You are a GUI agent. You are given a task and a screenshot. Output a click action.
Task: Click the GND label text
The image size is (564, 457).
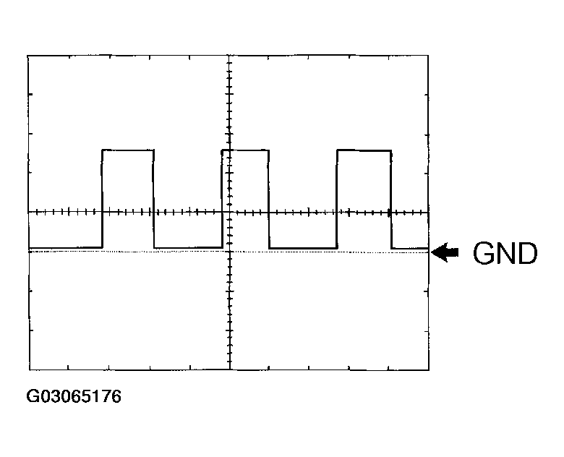(505, 253)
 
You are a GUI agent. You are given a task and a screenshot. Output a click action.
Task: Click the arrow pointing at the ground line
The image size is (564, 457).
(445, 252)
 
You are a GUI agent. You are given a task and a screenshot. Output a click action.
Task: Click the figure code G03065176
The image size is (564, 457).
(74, 396)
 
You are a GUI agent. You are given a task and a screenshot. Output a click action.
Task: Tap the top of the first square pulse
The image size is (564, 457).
(128, 150)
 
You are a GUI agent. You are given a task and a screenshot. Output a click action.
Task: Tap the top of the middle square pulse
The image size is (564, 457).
(245, 150)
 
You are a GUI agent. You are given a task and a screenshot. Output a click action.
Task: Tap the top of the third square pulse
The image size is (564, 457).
(364, 150)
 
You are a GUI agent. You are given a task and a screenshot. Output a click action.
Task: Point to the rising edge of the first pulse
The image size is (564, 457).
(103, 199)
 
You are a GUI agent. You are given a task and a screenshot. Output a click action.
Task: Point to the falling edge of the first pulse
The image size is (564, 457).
(154, 199)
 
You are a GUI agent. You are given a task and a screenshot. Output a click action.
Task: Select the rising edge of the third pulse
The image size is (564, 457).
(337, 199)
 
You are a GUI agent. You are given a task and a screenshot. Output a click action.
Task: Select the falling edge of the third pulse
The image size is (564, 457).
(391, 200)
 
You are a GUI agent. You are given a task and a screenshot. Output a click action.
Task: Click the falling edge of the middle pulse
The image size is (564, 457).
(269, 199)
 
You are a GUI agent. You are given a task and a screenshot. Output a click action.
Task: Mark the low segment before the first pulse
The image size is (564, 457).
(66, 247)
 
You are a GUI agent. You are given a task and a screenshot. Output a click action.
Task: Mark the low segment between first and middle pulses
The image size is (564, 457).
(188, 247)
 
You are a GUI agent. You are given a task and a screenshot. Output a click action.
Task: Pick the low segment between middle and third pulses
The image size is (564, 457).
(303, 248)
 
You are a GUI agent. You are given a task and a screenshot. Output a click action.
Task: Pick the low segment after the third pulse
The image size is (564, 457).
(410, 248)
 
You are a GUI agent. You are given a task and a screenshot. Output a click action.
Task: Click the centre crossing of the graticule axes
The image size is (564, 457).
(230, 213)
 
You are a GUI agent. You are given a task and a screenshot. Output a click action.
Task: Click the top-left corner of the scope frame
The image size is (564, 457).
(28, 56)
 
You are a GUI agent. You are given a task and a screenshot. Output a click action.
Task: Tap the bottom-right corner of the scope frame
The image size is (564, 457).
(429, 370)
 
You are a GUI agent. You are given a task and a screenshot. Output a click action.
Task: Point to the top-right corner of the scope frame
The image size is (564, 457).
(428, 56)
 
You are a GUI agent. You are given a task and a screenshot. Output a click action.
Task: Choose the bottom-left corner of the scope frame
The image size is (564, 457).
(29, 370)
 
